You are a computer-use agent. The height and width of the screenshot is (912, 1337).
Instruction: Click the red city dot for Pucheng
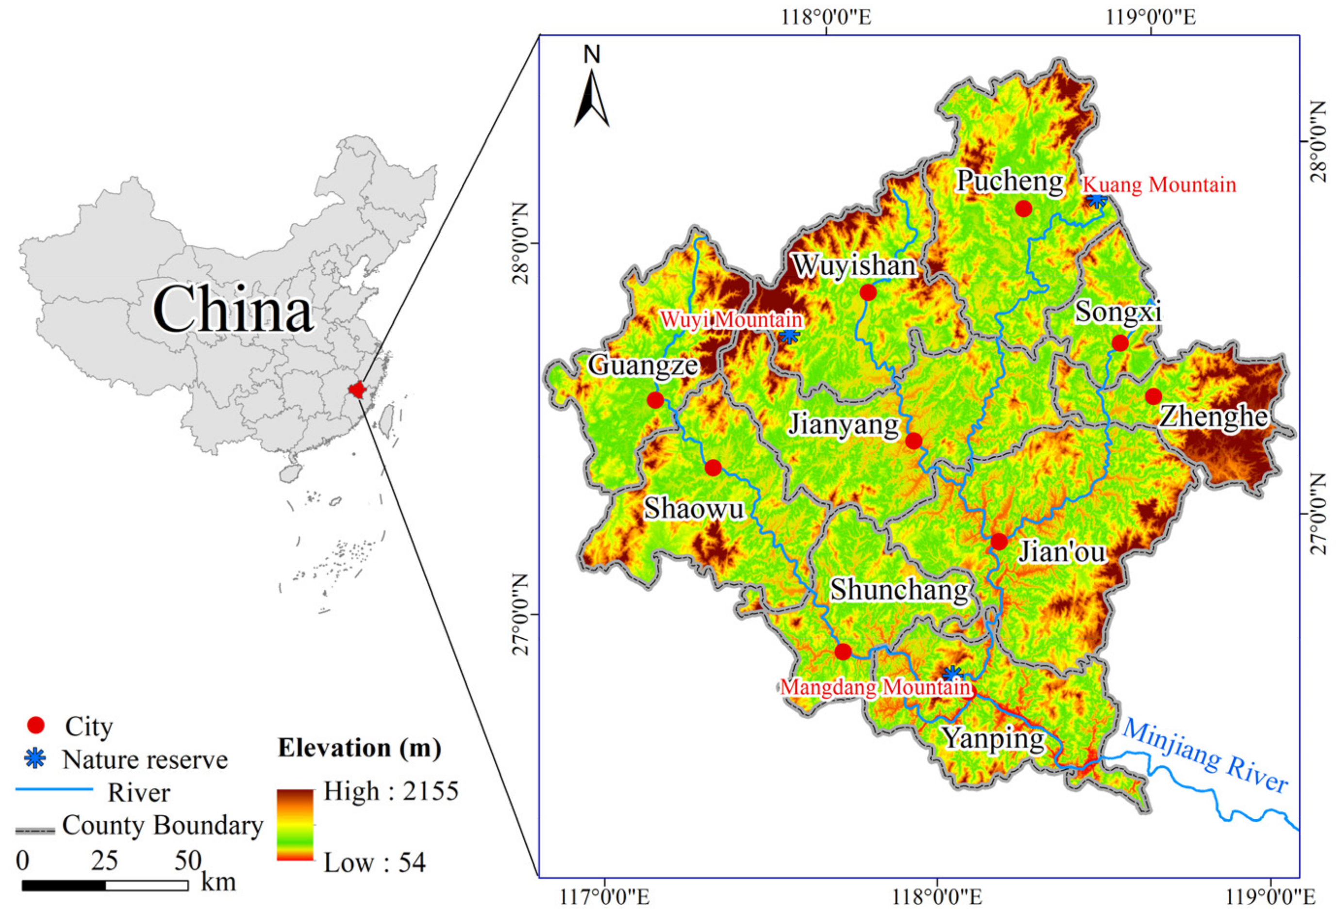[1023, 209]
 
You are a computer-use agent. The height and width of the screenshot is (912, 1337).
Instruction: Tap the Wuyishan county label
[854, 265]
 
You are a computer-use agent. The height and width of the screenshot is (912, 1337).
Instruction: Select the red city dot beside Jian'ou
[999, 541]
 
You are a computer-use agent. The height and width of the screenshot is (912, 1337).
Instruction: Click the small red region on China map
[357, 389]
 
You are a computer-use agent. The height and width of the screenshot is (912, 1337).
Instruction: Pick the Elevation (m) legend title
[360, 748]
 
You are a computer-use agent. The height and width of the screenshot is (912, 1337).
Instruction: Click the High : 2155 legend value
[391, 791]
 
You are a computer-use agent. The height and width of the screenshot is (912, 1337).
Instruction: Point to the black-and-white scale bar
[105, 885]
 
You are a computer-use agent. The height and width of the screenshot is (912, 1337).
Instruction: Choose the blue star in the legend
[36, 759]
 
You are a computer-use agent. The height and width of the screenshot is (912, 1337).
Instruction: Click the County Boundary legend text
[163, 825]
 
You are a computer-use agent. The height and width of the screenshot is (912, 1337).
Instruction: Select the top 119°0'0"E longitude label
[1150, 17]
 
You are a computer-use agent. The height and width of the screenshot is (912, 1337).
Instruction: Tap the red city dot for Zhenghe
[1153, 396]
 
